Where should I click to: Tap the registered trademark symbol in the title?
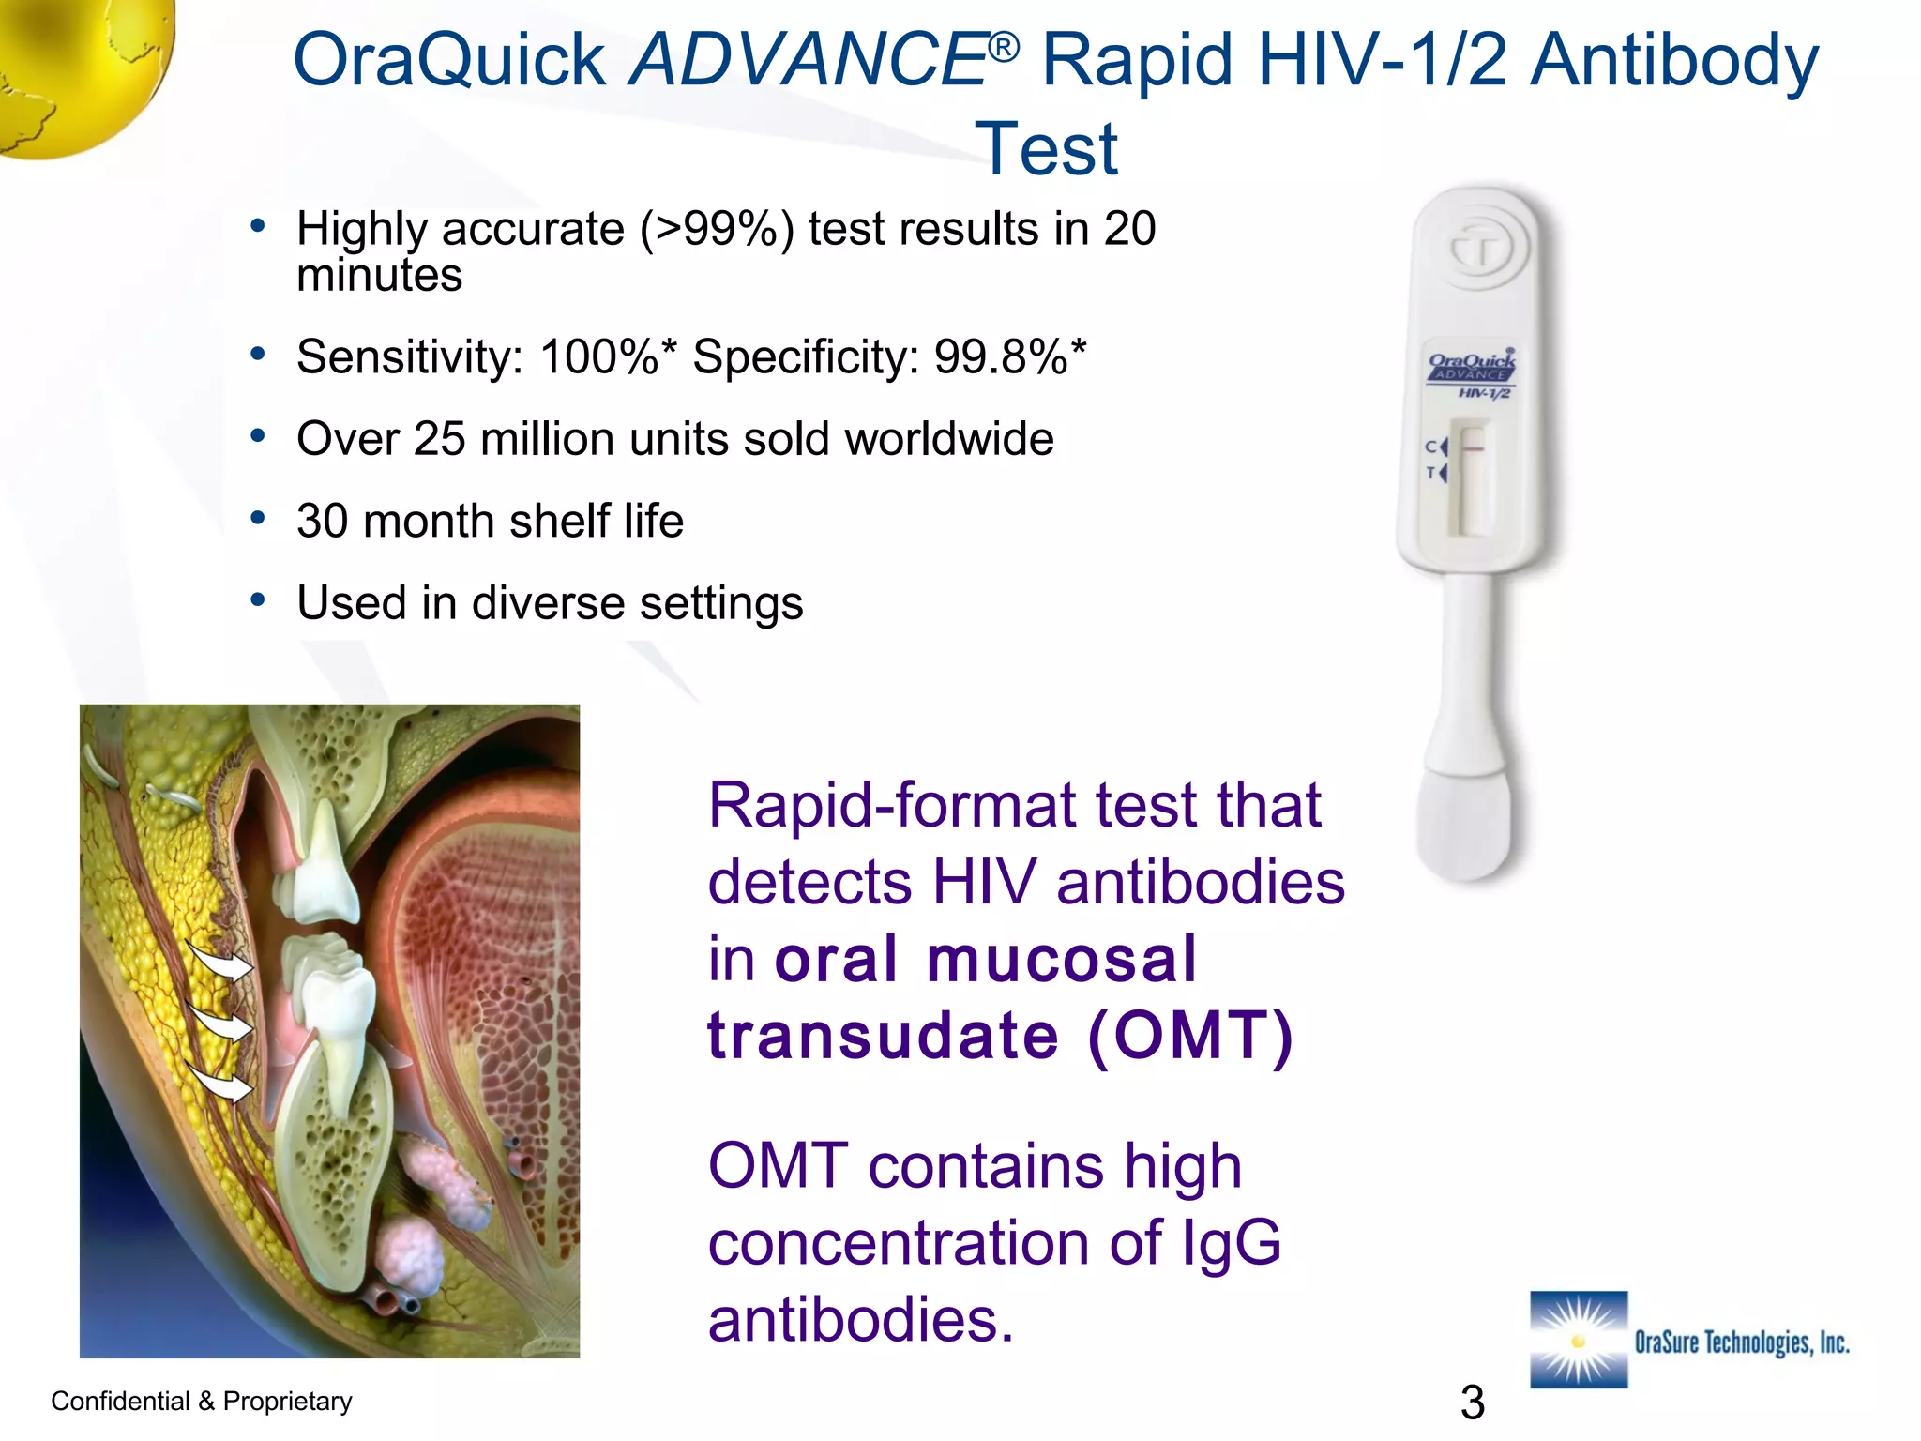coord(1003,46)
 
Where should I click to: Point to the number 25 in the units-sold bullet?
coord(439,439)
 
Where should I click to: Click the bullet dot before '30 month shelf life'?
coord(258,518)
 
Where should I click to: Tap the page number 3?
coord(1472,1403)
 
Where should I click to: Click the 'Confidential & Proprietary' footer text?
coord(202,1401)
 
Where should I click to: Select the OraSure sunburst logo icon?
coord(1578,1339)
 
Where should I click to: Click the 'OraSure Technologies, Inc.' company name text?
coord(1741,1342)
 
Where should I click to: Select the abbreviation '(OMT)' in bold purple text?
coord(1190,1037)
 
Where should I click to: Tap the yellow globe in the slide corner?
coord(75,66)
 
